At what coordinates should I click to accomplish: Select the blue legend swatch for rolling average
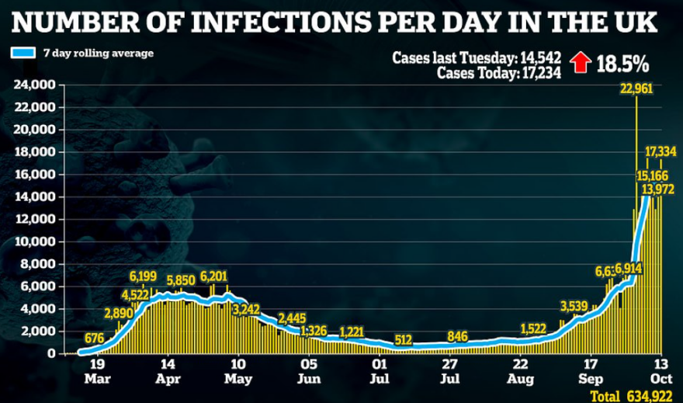click(23, 54)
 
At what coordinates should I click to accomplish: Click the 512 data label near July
click(403, 339)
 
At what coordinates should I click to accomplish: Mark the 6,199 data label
click(143, 276)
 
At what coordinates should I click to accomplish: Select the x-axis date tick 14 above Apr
click(166, 362)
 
